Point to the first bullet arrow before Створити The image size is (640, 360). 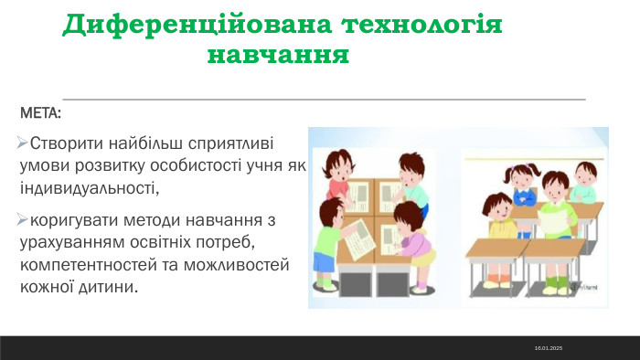[x=23, y=143]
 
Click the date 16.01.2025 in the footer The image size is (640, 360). [x=549, y=348]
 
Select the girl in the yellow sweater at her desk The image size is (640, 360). [x=501, y=215]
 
